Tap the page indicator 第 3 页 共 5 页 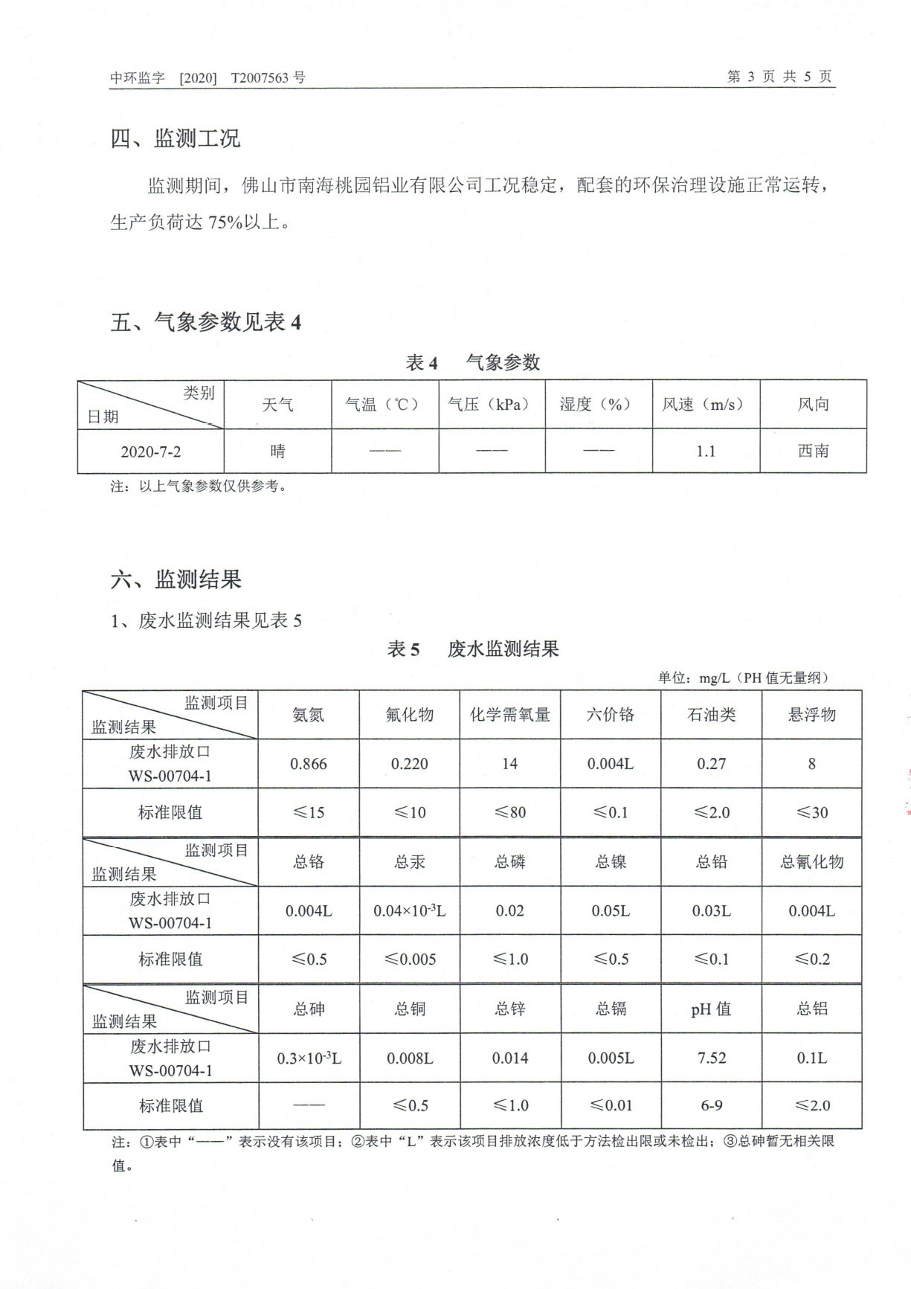[x=779, y=77]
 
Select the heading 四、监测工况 [x=176, y=138]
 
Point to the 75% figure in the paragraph [x=225, y=222]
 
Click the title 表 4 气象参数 [x=472, y=362]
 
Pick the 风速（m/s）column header [x=705, y=404]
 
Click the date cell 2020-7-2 [x=150, y=451]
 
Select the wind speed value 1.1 [x=705, y=451]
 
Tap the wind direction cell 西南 [x=813, y=451]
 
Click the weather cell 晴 [x=277, y=451]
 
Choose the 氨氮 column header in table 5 [x=308, y=715]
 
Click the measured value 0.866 [x=308, y=764]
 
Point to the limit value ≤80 [x=509, y=812]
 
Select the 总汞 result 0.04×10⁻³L [x=409, y=910]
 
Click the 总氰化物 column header [x=811, y=862]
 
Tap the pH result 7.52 [x=711, y=1058]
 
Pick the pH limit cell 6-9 [x=711, y=1105]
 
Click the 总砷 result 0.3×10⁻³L [x=309, y=1058]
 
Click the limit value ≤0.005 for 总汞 [x=410, y=959]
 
